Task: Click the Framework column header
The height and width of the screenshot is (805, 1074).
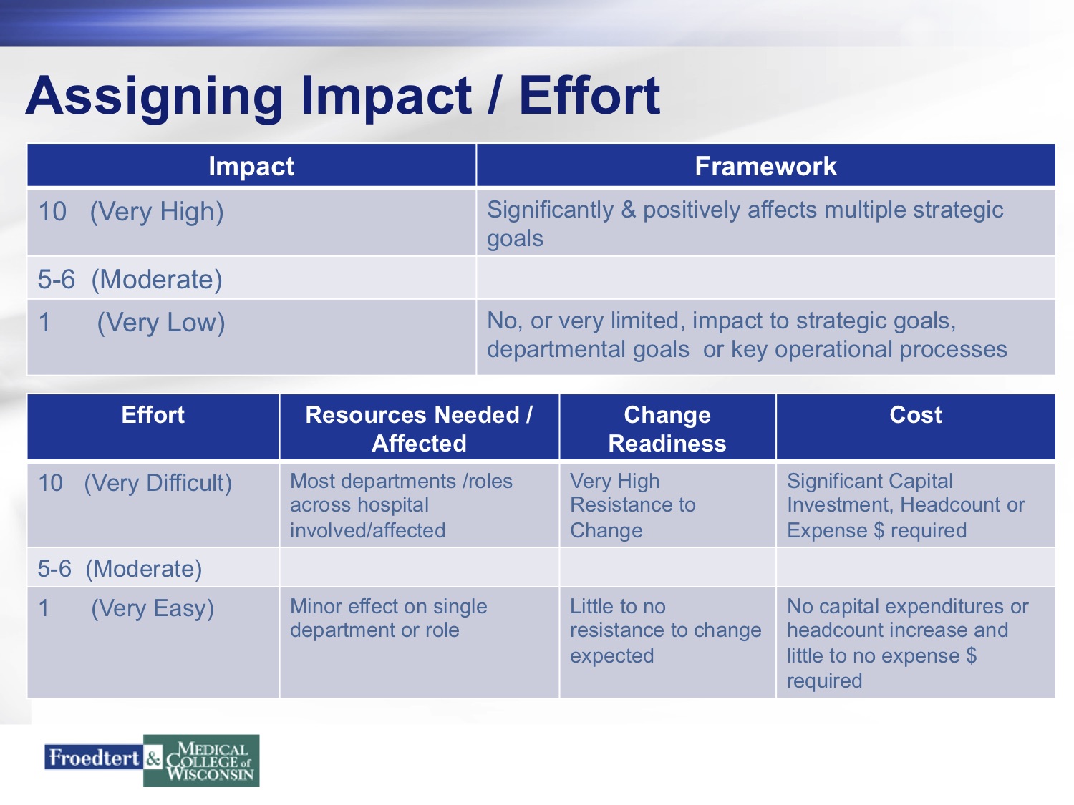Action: coord(765,166)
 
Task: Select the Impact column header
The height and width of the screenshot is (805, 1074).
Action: coord(251,166)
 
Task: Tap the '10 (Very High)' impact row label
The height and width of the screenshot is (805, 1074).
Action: coord(131,212)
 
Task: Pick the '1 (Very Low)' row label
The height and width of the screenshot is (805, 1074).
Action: coord(132,323)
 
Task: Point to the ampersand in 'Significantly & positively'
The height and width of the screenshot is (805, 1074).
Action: coord(628,210)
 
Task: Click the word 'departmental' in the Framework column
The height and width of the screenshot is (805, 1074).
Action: coord(588,349)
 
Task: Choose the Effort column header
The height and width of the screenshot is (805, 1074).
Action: coord(153,415)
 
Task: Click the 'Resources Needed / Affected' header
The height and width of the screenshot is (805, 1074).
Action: coord(419,429)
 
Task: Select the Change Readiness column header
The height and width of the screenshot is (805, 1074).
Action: coord(667,429)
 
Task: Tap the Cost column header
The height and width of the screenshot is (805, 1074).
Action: coord(916,415)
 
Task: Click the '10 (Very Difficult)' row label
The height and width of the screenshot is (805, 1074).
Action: coord(135,484)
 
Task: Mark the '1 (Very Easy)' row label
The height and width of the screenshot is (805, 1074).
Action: coord(126,609)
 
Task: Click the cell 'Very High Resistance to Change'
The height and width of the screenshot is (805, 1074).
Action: coord(633,505)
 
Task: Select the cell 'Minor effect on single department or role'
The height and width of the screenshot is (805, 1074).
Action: coord(389,618)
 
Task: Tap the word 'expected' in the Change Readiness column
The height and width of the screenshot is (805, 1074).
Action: coord(611,656)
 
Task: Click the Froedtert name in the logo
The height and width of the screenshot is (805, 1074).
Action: coord(94,758)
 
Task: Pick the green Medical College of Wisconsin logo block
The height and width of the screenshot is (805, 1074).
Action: coord(201,761)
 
